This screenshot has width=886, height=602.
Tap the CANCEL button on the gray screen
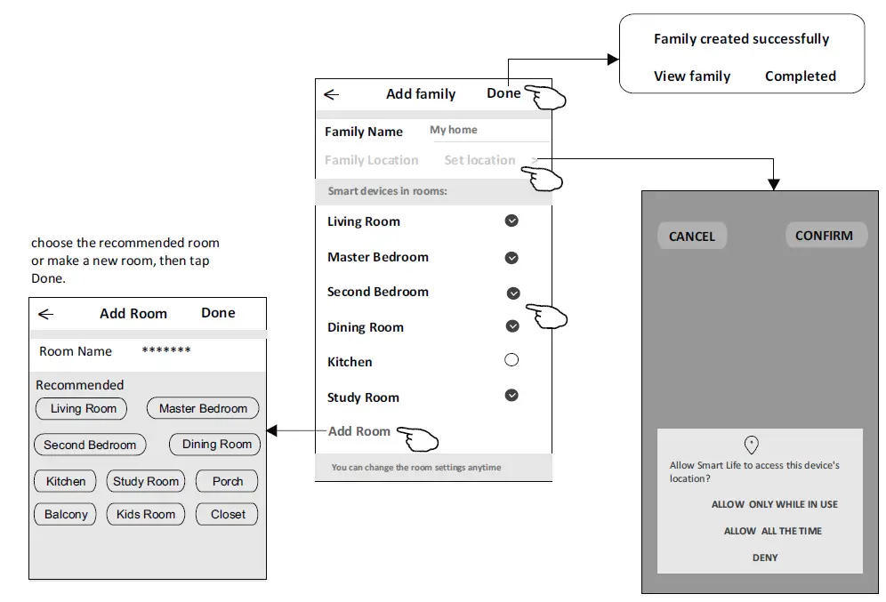point(691,237)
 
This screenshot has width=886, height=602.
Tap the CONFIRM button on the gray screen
point(824,236)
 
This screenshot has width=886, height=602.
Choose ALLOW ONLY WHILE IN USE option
point(774,504)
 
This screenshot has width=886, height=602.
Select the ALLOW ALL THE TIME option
point(772,531)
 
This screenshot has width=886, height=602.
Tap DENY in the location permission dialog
point(764,558)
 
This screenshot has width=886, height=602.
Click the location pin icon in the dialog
point(751,445)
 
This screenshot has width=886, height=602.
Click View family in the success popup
point(691,76)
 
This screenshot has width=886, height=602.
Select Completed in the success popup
point(800,76)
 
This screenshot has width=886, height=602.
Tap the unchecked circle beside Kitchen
point(511,360)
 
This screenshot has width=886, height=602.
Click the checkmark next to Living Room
point(511,221)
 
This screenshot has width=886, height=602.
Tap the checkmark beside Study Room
point(511,396)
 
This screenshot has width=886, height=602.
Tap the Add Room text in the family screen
point(359,431)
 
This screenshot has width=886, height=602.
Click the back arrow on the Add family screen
point(332,94)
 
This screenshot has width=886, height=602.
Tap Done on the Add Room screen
point(218,313)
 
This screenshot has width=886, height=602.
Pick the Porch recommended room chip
point(227,481)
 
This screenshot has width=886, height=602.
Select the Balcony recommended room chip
point(66,514)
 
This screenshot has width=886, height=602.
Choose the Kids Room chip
point(146,514)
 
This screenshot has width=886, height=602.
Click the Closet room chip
point(228,514)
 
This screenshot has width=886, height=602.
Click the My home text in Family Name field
point(454,130)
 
